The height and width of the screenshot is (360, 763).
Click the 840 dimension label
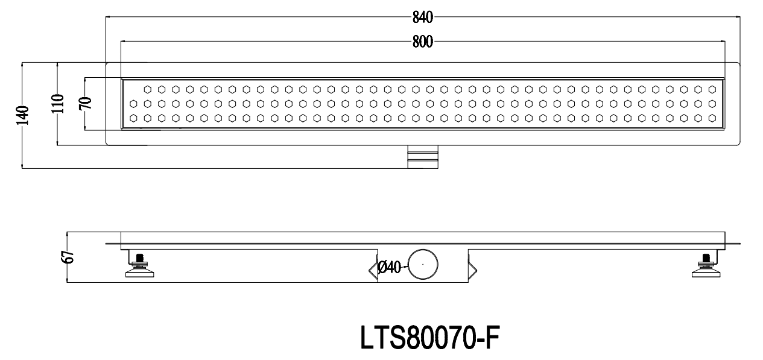(422, 17)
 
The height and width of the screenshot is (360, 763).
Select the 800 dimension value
(422, 42)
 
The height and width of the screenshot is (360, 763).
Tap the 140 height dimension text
(23, 115)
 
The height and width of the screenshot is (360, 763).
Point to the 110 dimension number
(59, 104)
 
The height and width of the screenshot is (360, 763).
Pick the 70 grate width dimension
(86, 103)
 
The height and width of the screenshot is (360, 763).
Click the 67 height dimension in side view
(68, 257)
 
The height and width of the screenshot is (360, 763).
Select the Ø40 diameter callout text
(390, 267)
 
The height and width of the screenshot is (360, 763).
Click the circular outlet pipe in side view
(423, 250)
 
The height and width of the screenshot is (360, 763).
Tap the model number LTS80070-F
(430, 337)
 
